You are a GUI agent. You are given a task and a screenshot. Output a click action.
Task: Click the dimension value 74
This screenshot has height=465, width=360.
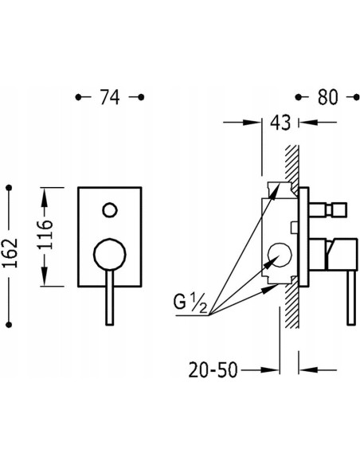tap(110, 97)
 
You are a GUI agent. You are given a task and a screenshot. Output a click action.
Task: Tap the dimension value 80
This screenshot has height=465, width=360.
tap(327, 97)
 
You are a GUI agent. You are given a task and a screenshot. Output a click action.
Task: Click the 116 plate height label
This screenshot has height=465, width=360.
tap(45, 234)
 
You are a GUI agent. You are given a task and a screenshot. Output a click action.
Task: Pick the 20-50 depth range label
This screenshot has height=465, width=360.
tap(213, 369)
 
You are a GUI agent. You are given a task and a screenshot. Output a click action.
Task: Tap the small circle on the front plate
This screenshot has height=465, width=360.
tap(110, 210)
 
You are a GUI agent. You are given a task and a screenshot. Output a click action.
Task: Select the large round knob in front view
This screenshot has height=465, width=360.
tap(110, 254)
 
